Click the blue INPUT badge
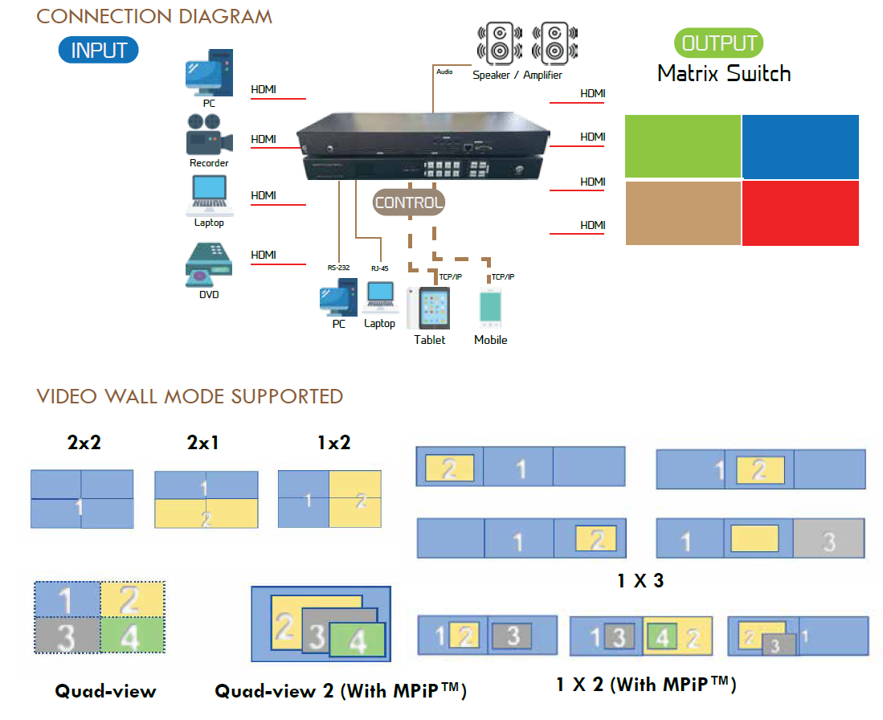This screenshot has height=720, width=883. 98,50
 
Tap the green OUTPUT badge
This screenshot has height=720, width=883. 718,43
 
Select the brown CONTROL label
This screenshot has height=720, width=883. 409,202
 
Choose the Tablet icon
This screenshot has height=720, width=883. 429,308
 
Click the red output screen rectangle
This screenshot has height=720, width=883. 800,213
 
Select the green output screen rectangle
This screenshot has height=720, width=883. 683,145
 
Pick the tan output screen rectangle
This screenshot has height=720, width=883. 683,213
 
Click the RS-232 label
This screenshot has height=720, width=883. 338,268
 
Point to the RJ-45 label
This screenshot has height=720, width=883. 379,268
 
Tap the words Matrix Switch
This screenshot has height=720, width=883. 724,74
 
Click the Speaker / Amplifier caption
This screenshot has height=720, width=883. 517,75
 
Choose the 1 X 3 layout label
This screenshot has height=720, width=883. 640,580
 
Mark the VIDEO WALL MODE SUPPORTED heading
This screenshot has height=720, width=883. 190,396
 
